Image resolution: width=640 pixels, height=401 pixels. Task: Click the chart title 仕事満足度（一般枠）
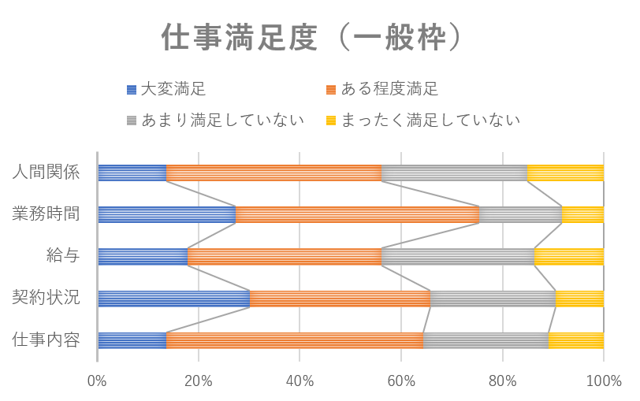click(x=312, y=37)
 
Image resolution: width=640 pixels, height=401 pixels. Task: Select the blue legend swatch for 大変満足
click(x=132, y=89)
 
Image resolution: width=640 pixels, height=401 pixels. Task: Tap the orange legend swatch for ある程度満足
click(x=331, y=89)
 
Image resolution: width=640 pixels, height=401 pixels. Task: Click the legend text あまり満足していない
click(x=223, y=121)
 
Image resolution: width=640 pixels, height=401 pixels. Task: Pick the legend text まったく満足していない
click(x=430, y=121)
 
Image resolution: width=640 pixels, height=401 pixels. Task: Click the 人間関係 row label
click(x=46, y=173)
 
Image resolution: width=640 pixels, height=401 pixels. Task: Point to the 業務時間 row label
click(x=46, y=213)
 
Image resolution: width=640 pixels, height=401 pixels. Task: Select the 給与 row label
click(x=63, y=256)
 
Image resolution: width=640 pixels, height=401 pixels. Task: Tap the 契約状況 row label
click(x=46, y=298)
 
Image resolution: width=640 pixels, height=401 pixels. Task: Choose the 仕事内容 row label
click(x=46, y=340)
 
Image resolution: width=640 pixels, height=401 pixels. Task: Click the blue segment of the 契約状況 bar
click(x=174, y=299)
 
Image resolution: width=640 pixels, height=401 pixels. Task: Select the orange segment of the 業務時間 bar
click(x=358, y=214)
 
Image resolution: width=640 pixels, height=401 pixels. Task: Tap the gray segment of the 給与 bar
click(x=458, y=257)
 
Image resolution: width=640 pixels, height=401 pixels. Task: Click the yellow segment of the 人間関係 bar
click(x=565, y=173)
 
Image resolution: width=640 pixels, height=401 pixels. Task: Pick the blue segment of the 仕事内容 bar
click(x=132, y=340)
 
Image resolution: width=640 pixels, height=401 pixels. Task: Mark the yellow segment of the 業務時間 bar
click(x=583, y=214)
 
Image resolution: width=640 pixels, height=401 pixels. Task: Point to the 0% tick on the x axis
click(x=97, y=381)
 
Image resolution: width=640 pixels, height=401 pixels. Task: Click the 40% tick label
click(x=300, y=381)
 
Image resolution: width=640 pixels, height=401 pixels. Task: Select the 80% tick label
click(x=502, y=381)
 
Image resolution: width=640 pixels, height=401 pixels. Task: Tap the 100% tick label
click(x=604, y=381)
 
